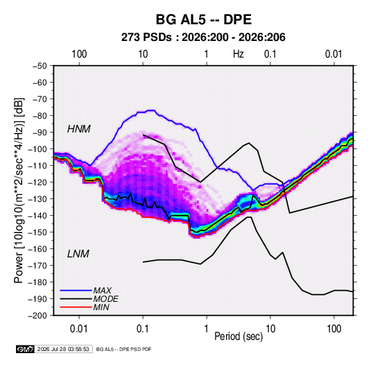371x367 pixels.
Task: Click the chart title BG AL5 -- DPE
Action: (x=203, y=19)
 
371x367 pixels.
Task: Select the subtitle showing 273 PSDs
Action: (x=203, y=37)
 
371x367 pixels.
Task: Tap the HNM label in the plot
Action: (x=79, y=129)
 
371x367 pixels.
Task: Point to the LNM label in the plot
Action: (x=78, y=254)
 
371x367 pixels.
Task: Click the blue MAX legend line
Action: (x=76, y=291)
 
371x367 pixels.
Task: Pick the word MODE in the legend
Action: (x=105, y=299)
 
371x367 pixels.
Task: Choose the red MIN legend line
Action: (x=76, y=307)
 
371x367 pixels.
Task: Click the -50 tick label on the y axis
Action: (x=40, y=66)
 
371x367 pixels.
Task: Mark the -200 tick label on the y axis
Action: (x=37, y=316)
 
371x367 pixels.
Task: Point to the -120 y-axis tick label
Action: (x=37, y=182)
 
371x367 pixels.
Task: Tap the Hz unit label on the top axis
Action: (x=239, y=54)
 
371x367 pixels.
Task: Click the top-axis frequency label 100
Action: (x=79, y=54)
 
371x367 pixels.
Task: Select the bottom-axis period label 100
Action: (x=334, y=329)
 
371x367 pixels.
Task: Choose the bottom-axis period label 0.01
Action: (x=79, y=329)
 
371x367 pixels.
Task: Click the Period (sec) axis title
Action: (x=239, y=336)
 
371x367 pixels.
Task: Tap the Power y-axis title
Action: (x=19, y=191)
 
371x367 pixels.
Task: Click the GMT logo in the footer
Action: (x=25, y=349)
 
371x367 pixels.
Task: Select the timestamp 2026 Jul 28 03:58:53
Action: (x=63, y=349)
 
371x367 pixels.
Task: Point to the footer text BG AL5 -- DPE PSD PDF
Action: (x=123, y=349)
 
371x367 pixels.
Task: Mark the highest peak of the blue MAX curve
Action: (x=151, y=110)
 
